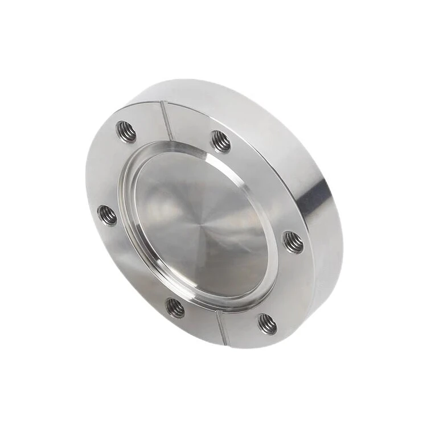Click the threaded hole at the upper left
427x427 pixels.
pyautogui.click(x=126, y=132)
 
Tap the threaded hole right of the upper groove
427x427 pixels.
pyautogui.click(x=221, y=141)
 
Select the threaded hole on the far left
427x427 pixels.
pyautogui.click(x=107, y=215)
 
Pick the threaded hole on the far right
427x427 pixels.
pyautogui.click(x=293, y=242)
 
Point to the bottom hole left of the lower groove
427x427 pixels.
pyautogui.click(x=175, y=308)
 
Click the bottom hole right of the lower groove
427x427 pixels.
pyautogui.click(x=267, y=324)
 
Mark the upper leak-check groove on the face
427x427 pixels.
pyautogui.click(x=167, y=121)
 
